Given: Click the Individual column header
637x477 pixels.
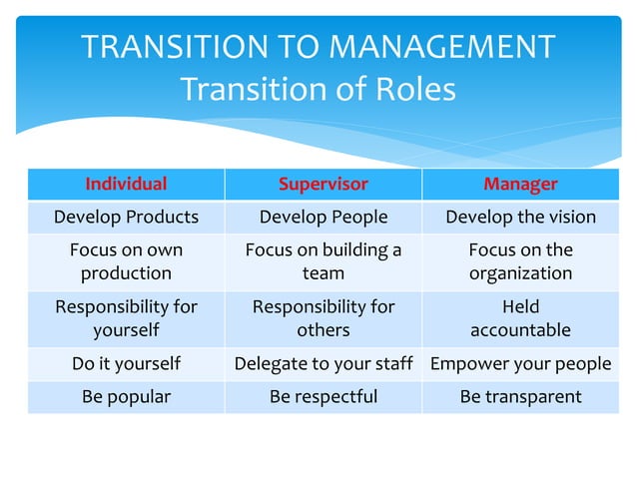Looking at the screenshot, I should point(126,185).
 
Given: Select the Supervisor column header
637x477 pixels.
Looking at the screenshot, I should point(322,185).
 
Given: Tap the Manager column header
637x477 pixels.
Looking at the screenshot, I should point(520,185).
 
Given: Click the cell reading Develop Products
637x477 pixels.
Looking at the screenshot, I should point(126,217).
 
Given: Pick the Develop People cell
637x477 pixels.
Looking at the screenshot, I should point(322,217).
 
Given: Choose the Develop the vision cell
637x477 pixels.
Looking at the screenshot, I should point(520,217).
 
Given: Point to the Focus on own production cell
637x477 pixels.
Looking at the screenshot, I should point(126,261).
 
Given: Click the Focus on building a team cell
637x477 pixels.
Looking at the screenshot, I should point(322,261).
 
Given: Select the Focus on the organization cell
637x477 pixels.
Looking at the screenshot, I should point(520,261).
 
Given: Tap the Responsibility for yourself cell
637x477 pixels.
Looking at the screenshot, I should point(126,318).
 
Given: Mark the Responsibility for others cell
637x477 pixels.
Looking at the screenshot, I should point(322,318).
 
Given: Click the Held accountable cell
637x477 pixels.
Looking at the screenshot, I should point(520,318).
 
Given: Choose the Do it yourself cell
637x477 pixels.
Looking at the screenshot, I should point(126,364).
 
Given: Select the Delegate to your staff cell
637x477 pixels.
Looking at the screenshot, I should point(322,364).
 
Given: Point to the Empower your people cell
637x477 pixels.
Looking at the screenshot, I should point(520,364).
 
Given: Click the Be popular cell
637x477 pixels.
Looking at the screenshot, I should point(126,397).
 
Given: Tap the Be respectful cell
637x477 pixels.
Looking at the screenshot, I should point(322,397).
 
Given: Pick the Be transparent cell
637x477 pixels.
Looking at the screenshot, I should point(520,397).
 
